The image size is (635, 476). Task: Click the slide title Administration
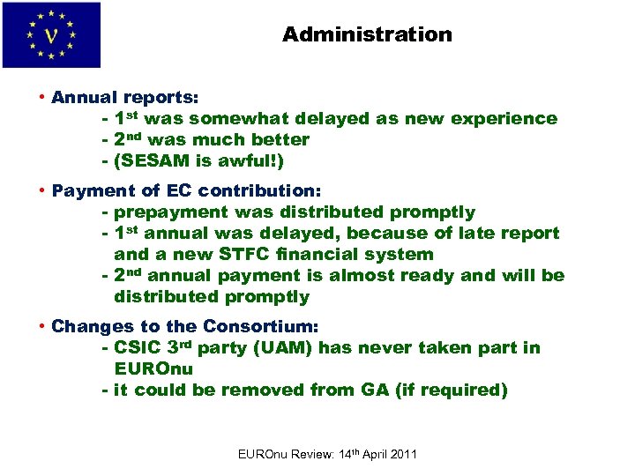point(367,35)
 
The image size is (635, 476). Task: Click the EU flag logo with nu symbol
point(51,35)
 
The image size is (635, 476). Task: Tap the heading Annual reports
point(125,97)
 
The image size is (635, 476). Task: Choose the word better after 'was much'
point(276,140)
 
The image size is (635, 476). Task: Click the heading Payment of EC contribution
point(187,190)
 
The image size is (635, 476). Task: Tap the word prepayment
point(168,212)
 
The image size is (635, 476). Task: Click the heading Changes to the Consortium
point(186,326)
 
